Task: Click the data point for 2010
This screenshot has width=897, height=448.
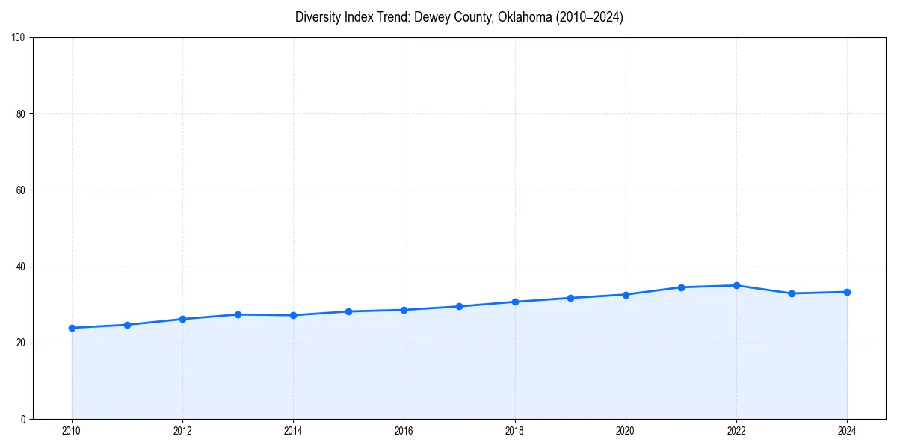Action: tap(72, 328)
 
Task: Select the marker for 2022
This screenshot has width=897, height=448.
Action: tap(736, 285)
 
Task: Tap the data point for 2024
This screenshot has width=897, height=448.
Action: tap(847, 292)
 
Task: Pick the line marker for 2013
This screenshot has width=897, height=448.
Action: tap(238, 314)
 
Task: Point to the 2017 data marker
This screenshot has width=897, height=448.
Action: tap(459, 306)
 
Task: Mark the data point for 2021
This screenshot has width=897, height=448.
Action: tap(681, 287)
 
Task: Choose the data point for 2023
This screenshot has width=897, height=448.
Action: tap(792, 293)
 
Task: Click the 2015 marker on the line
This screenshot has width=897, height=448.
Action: tap(348, 311)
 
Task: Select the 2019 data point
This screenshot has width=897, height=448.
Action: tap(570, 298)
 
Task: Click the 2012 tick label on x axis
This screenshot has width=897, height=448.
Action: tap(182, 430)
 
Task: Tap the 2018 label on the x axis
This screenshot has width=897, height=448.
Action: tap(514, 430)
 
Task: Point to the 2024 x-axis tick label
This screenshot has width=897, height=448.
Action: tap(847, 430)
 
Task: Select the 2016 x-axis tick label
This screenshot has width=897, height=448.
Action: tap(404, 430)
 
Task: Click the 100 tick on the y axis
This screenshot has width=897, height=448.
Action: tap(19, 38)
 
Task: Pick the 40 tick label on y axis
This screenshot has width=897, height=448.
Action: tap(22, 267)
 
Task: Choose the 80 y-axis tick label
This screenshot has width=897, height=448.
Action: tap(22, 114)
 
